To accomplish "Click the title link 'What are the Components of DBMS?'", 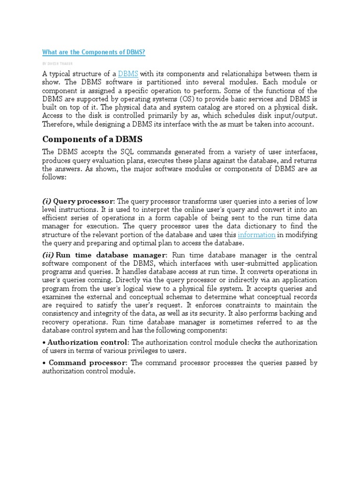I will pos(94,52).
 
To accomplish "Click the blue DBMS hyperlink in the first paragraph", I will pos(128,74).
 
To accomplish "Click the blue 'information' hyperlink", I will pos(256,235).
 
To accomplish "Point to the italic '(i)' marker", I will pos(47,201).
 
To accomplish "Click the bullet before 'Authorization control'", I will pos(44,343).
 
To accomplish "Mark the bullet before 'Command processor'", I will pos(44,363).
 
